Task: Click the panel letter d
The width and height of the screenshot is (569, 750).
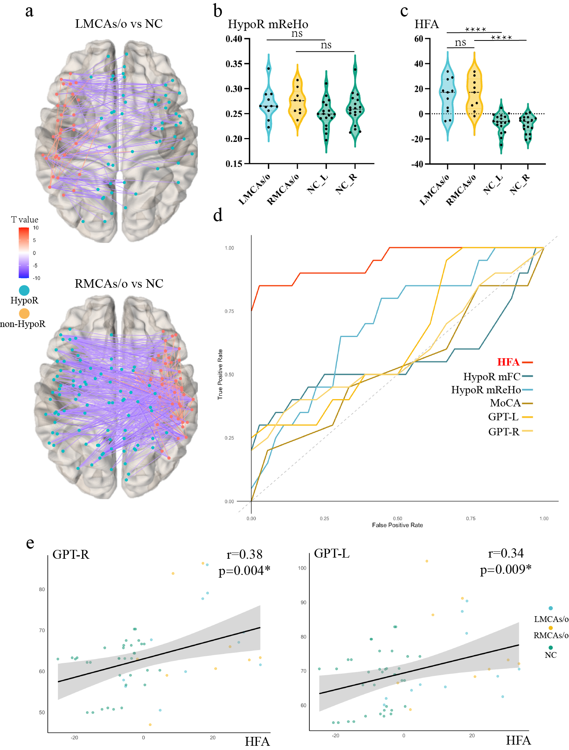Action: (x=218, y=215)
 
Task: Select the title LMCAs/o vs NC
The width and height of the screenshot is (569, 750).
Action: (x=119, y=24)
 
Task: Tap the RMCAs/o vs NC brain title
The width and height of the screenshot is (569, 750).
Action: (x=119, y=284)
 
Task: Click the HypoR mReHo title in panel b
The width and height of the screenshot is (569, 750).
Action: (x=268, y=24)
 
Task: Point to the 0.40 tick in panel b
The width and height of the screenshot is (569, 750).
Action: (x=234, y=39)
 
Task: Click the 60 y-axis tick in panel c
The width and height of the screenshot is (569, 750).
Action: (x=419, y=39)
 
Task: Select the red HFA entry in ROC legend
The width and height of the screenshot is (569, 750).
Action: (x=508, y=362)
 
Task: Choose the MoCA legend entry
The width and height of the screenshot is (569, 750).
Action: (x=505, y=403)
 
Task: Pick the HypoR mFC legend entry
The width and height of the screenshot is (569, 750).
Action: (x=492, y=376)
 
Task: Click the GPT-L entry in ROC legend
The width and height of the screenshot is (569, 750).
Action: (x=503, y=417)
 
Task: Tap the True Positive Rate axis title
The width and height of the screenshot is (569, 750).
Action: (x=220, y=374)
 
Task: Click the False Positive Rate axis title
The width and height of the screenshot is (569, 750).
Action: (x=397, y=525)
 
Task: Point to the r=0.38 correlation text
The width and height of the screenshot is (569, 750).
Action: (x=245, y=554)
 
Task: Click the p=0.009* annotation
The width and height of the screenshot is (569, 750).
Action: (x=505, y=570)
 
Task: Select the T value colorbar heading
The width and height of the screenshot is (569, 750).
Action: (x=25, y=220)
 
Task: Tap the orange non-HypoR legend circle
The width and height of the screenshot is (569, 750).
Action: (x=24, y=313)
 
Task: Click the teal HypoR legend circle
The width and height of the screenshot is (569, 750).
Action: (x=24, y=290)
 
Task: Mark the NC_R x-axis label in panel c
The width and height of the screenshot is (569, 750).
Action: (x=520, y=184)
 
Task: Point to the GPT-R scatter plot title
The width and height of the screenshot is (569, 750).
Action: (x=71, y=554)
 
